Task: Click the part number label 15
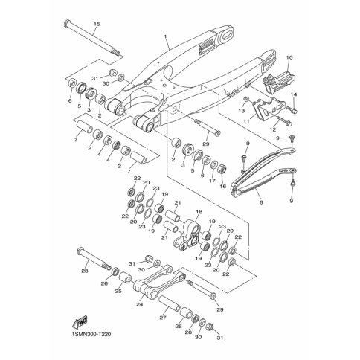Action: [97, 24]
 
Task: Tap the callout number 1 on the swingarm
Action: [165, 36]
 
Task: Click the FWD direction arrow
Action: [80, 322]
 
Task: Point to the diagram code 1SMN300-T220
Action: [91, 335]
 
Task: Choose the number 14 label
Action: [294, 94]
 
